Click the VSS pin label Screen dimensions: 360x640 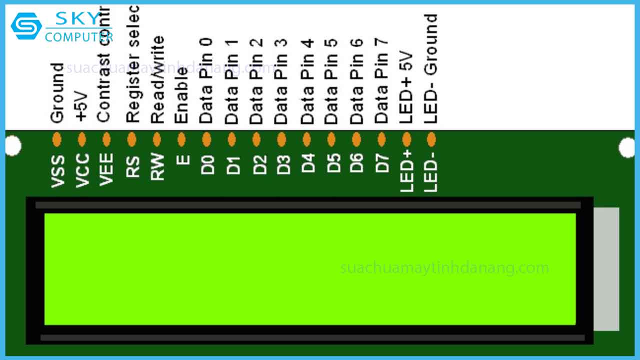click(58, 171)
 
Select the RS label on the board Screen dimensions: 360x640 click(132, 165)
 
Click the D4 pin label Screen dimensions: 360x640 click(308, 163)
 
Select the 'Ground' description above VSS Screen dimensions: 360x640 click(57, 93)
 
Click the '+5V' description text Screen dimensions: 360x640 click(81, 106)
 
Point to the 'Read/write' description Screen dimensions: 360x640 click(157, 80)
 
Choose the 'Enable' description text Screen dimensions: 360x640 click(181, 95)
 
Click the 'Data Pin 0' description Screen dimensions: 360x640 click(206, 80)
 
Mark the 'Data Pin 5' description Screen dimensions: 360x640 click(331, 80)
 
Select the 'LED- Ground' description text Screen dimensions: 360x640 click(430, 68)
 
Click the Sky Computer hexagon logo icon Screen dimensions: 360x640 click(26, 25)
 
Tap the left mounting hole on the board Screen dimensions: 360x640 click(13, 146)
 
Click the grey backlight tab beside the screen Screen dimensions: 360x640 click(606, 269)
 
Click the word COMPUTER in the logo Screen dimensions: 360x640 click(78, 36)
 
